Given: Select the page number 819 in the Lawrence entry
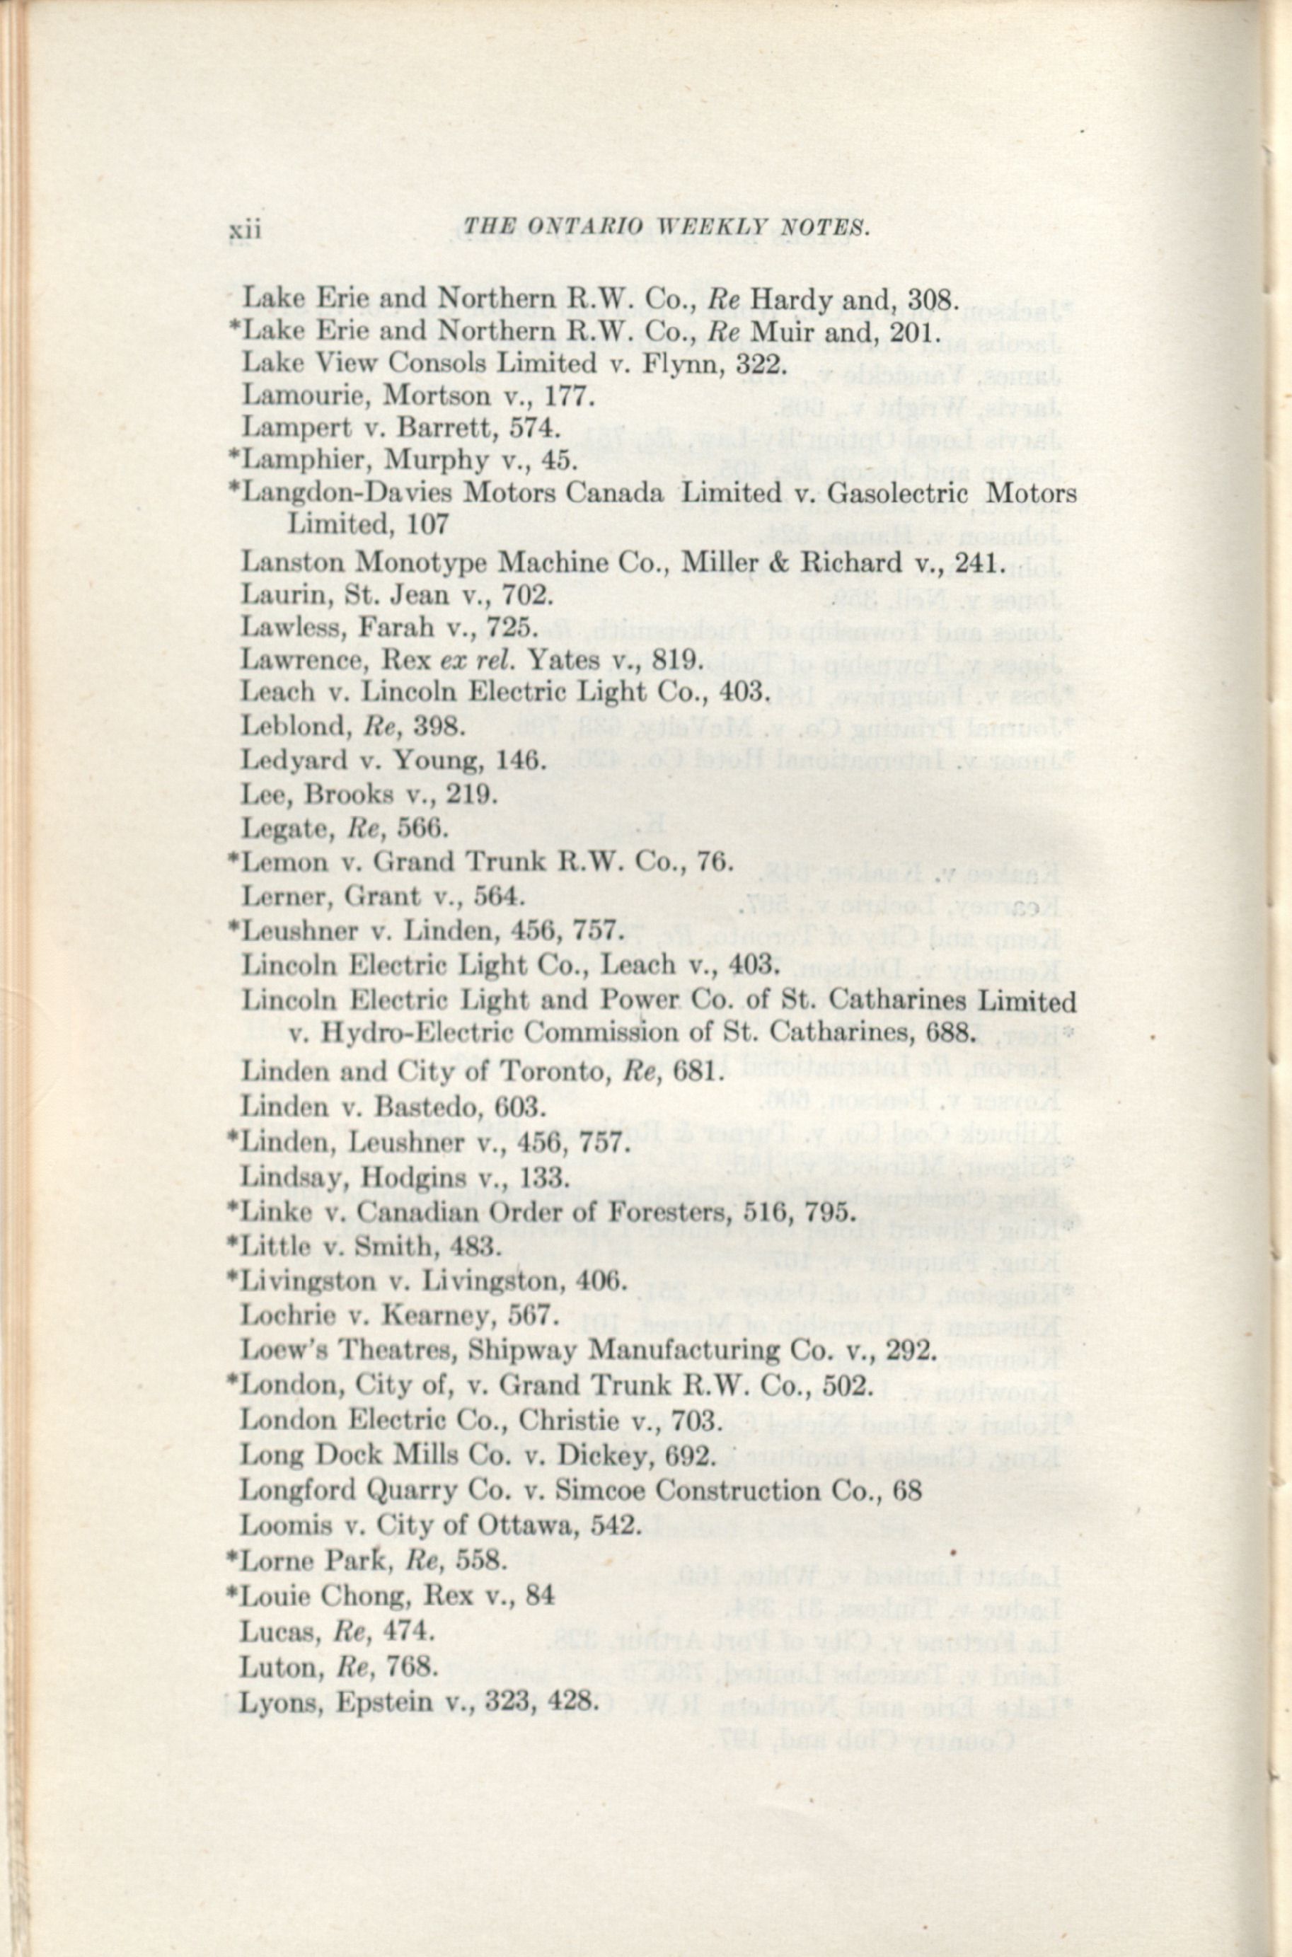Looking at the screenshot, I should click(x=672, y=660).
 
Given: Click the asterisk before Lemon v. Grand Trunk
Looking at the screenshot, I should click(x=234, y=858).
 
